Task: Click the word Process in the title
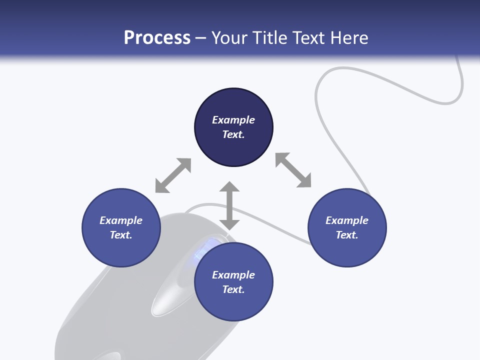pos(157,38)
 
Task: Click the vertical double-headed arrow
pos(229,205)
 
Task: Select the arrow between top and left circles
pos(173,175)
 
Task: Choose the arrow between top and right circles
pos(293,170)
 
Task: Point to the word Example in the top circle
pos(233,120)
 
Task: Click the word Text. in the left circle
pos(121,235)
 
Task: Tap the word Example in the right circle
pos(347,220)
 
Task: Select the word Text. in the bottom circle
pos(233,289)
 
